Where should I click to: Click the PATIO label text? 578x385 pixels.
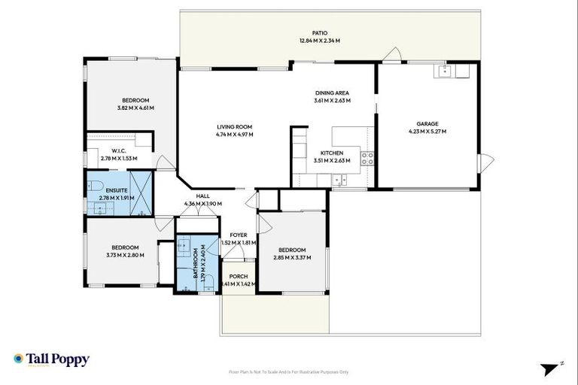pos(321,33)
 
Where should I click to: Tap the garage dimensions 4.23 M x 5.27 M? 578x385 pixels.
pos(427,132)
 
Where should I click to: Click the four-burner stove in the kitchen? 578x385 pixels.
pos(368,158)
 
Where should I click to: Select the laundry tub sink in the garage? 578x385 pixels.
pos(444,72)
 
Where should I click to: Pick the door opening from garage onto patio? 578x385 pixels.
pos(391,55)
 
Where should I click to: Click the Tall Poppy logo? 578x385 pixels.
pos(50,359)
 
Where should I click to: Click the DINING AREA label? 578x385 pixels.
pos(332,92)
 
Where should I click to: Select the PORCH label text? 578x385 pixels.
pos(239,277)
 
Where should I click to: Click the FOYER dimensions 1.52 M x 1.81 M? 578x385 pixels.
pos(239,243)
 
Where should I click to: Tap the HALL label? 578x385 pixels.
pos(203,195)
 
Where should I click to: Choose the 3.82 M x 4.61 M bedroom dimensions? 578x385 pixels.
pos(135,108)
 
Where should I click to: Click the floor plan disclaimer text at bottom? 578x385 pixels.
pos(288,371)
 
